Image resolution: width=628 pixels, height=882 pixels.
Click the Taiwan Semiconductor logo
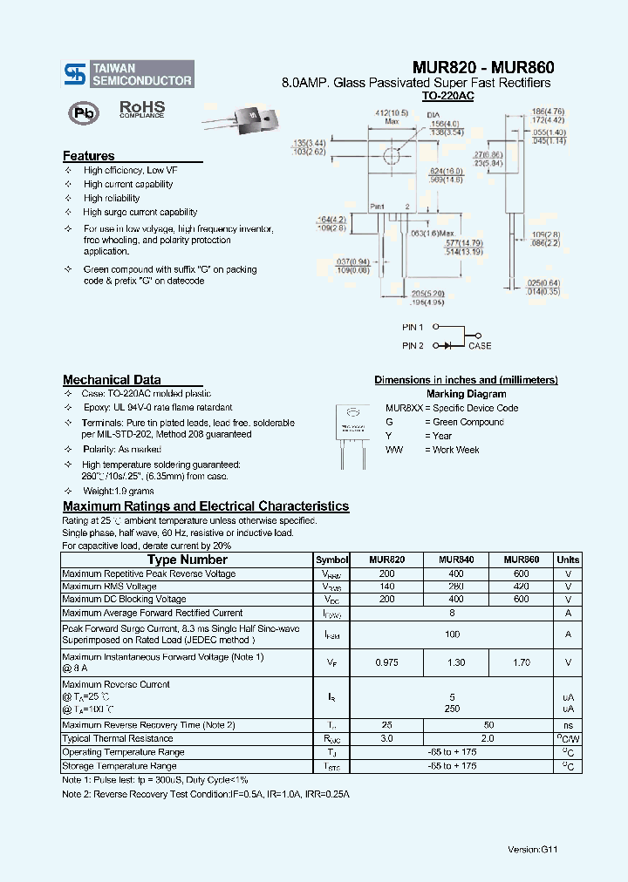click(x=128, y=74)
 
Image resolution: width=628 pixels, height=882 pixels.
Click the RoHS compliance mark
click(x=141, y=109)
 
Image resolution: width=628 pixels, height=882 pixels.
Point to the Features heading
click(x=88, y=156)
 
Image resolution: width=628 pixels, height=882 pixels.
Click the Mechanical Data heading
click(x=111, y=380)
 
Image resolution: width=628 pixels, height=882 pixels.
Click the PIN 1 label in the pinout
click(x=413, y=328)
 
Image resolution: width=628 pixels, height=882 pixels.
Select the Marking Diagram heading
click(x=466, y=394)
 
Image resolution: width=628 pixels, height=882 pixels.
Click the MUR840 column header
click(x=456, y=560)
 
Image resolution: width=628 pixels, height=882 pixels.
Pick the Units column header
click(x=568, y=560)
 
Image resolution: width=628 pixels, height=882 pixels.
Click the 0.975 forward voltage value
click(x=386, y=663)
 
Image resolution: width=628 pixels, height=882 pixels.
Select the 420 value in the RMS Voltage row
click(x=521, y=587)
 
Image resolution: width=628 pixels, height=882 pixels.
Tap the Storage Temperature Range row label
click(x=119, y=766)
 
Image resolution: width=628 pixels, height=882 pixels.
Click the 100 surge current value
click(x=452, y=634)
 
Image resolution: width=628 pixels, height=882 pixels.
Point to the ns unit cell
click(x=568, y=725)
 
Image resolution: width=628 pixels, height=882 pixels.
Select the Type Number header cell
click(x=187, y=560)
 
